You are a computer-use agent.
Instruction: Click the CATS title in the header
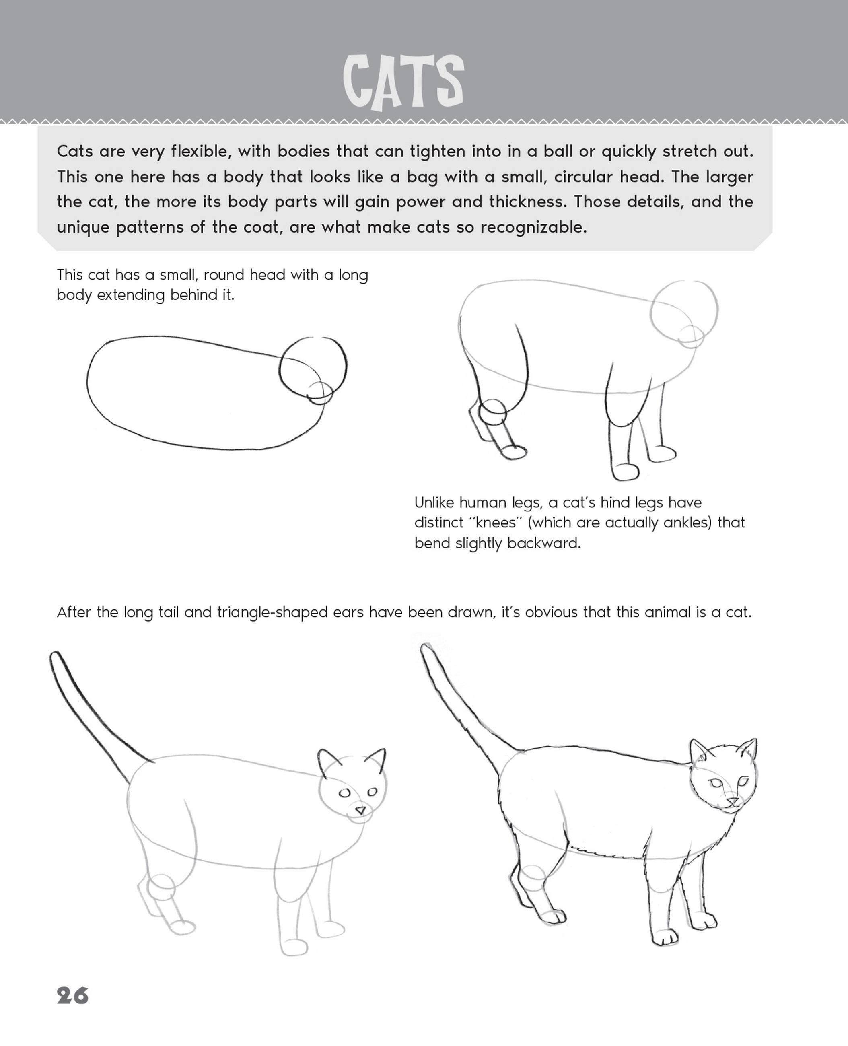point(403,82)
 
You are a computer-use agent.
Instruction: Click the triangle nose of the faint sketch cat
point(360,810)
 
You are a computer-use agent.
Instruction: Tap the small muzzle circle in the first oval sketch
point(320,393)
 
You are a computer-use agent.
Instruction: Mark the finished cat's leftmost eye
point(716,782)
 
